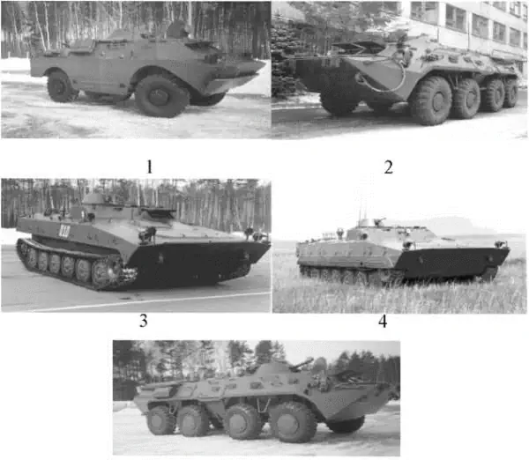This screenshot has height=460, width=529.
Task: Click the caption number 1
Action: tap(149, 167)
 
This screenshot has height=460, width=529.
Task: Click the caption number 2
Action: tap(388, 167)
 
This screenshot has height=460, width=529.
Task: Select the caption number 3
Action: tap(144, 321)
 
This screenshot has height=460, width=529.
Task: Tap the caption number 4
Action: tap(383, 322)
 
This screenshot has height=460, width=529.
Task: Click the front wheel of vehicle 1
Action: tap(161, 96)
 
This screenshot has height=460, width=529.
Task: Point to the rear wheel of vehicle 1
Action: tap(60, 86)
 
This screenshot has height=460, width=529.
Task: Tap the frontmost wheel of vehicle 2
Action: tap(431, 100)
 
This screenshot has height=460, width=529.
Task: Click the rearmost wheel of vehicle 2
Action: tap(510, 92)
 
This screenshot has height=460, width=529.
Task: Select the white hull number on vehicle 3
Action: tap(63, 231)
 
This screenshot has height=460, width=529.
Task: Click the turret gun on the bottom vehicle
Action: tap(301, 364)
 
